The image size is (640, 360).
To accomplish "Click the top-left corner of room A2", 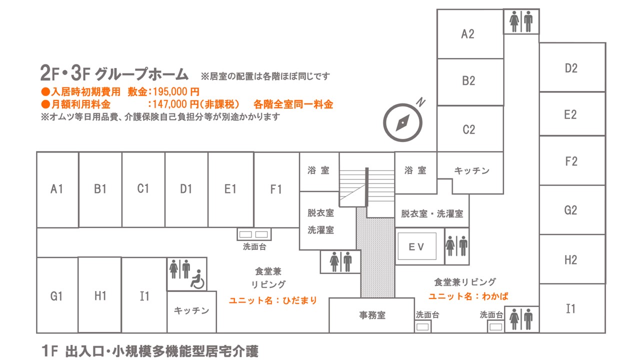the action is [437, 9].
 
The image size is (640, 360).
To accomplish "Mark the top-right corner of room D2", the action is [605, 43].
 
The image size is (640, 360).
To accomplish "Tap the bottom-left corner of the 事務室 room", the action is [329, 332].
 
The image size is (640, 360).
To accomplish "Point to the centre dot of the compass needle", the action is [402, 123].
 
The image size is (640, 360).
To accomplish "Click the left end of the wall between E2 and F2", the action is [539, 135].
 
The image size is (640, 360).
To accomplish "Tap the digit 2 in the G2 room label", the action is [574, 210].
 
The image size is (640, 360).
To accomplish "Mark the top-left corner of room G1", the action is [37, 257].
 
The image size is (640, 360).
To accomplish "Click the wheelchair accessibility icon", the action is [197, 279].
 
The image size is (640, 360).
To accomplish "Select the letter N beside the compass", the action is [420, 102].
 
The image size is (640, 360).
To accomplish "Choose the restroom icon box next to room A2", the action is [521, 21].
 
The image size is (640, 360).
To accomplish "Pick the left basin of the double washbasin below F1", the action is [245, 234].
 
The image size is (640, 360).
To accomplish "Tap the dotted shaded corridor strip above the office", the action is [377, 253].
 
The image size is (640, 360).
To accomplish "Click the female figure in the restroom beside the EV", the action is [450, 246].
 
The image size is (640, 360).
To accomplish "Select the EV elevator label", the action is [416, 246].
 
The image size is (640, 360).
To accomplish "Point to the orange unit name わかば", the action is [495, 296].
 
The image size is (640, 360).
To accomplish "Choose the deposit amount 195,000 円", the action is [176, 91].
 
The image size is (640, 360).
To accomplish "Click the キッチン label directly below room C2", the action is [471, 171].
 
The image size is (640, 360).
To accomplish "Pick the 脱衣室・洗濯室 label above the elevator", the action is [432, 213].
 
